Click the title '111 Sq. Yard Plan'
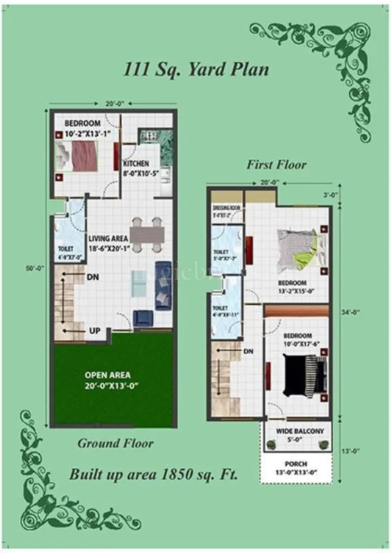(197, 70)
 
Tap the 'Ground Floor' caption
(115, 443)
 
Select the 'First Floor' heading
(276, 165)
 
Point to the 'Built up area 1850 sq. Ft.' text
(153, 475)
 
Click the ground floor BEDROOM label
(83, 123)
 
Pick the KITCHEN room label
(136, 164)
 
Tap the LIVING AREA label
(107, 238)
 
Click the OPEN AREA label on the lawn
(103, 375)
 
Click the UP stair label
(96, 331)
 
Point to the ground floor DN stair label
(93, 277)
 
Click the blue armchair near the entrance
(143, 318)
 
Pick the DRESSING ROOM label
(226, 207)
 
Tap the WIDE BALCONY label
(300, 431)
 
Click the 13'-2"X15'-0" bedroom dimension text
(292, 291)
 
